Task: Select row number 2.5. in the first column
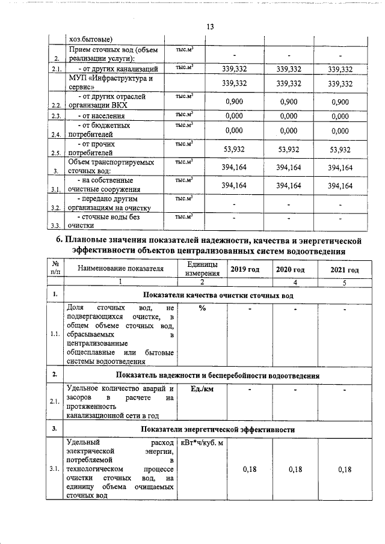pos(57,153)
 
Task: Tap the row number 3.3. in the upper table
pos(57,225)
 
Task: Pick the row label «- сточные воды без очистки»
pos(103,221)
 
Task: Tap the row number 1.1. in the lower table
pos(56,334)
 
